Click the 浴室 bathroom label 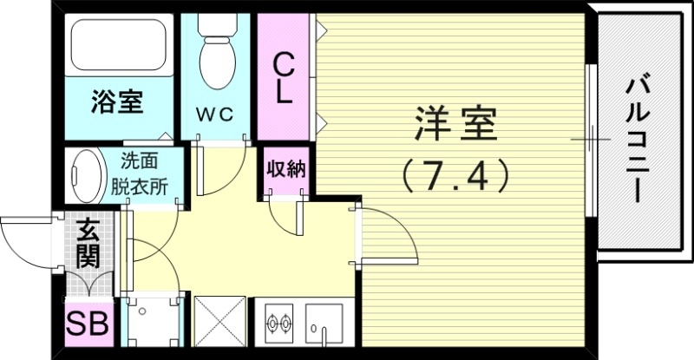118,102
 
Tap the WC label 213,114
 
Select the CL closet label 283,77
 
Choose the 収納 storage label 285,170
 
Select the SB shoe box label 88,326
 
